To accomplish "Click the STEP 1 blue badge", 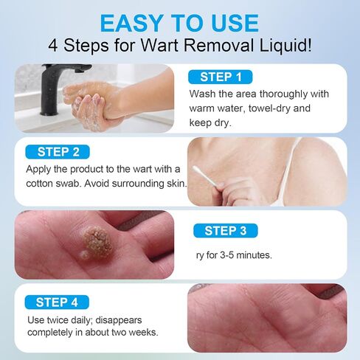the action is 221,77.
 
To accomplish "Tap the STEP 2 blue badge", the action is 58,152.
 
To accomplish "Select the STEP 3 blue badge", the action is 226,231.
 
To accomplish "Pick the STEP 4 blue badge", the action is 57,302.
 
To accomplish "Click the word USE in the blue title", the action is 235,24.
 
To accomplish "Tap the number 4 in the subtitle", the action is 53,46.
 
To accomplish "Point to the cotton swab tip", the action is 196,169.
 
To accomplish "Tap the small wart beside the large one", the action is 85,255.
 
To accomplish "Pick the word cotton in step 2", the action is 39,184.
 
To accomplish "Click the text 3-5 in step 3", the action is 226,255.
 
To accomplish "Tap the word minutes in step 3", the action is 254,255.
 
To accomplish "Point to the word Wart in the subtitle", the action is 159,46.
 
